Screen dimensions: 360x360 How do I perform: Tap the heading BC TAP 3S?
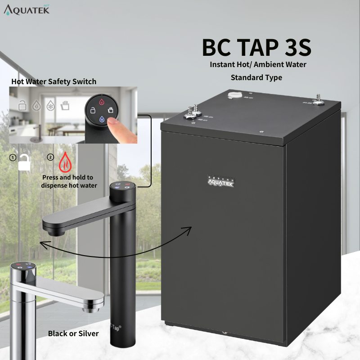(256, 48)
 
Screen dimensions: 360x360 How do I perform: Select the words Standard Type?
(256, 77)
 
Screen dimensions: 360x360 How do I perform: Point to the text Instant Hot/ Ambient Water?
(258, 64)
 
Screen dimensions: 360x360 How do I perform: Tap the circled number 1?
(13, 158)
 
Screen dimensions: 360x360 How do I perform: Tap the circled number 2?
(50, 158)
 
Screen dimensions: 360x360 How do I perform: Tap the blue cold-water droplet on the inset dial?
(102, 119)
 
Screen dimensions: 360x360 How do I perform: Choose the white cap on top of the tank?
(234, 95)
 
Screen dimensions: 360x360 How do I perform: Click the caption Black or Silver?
(73, 333)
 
